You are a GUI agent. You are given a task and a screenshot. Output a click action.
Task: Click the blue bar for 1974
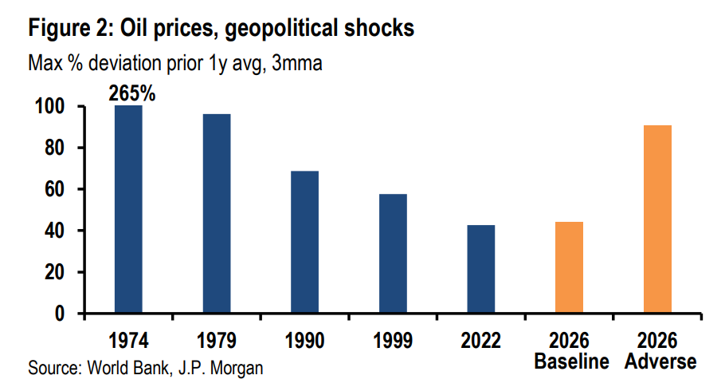click(x=128, y=209)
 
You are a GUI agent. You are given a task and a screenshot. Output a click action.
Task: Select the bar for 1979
click(x=217, y=214)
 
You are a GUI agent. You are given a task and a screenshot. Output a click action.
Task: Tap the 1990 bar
click(x=305, y=243)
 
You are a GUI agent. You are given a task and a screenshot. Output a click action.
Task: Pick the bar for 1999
click(x=394, y=254)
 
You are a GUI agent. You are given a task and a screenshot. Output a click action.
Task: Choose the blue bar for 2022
click(x=481, y=270)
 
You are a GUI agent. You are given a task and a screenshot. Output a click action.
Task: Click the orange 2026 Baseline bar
click(x=570, y=268)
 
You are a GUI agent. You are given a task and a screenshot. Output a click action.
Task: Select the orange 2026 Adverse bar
click(x=658, y=219)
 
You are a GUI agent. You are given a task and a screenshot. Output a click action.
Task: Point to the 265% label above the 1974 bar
click(x=132, y=93)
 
